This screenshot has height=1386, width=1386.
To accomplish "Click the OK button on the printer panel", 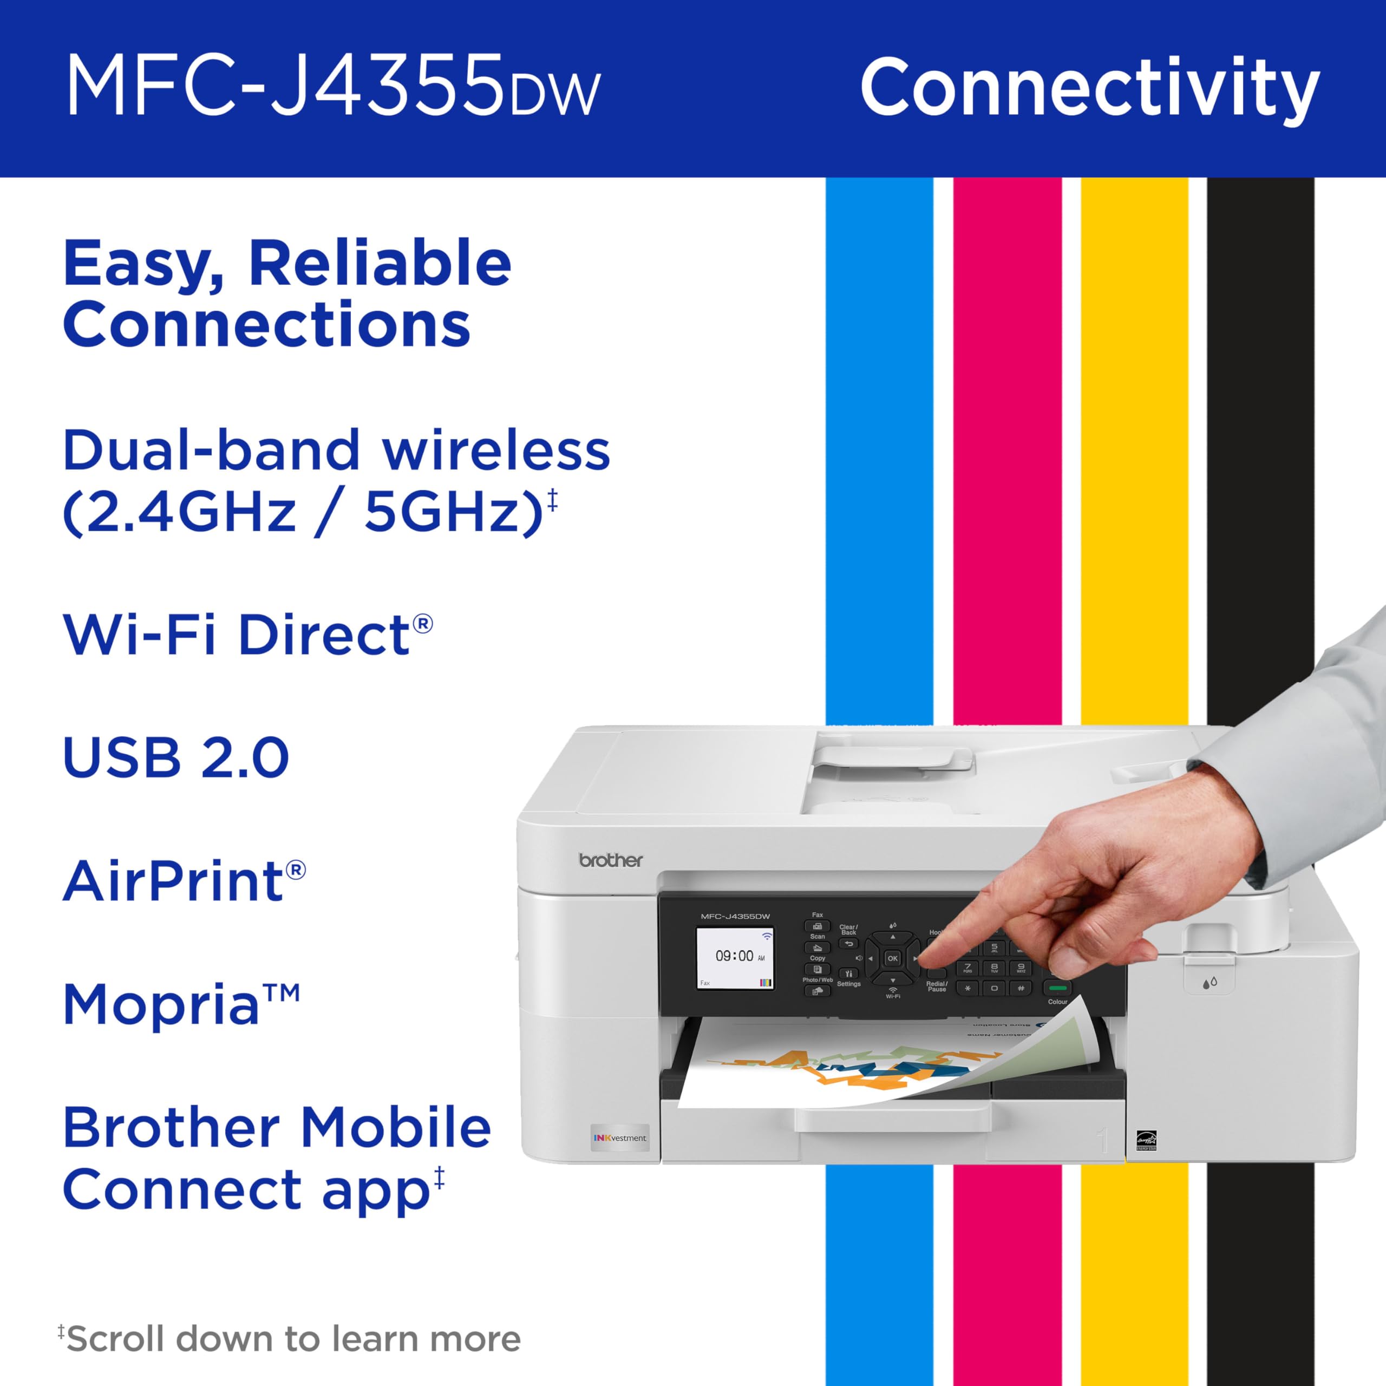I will (x=892, y=958).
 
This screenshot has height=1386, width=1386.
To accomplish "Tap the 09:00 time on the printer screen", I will (x=734, y=956).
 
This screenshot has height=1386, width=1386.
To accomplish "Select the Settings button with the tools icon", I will (x=849, y=973).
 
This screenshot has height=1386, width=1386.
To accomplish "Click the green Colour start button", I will (x=1057, y=988).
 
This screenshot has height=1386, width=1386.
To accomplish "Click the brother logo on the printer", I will (x=611, y=860).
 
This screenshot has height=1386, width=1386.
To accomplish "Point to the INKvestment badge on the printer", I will (x=620, y=1138).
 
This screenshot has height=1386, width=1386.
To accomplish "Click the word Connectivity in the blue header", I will (x=1090, y=88).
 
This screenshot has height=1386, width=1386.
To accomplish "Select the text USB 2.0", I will (x=176, y=757).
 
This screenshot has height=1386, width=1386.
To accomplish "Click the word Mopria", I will (x=161, y=1004).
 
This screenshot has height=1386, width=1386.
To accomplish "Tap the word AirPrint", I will (x=174, y=881).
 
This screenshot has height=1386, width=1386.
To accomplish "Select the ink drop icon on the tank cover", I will (x=1210, y=982).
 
